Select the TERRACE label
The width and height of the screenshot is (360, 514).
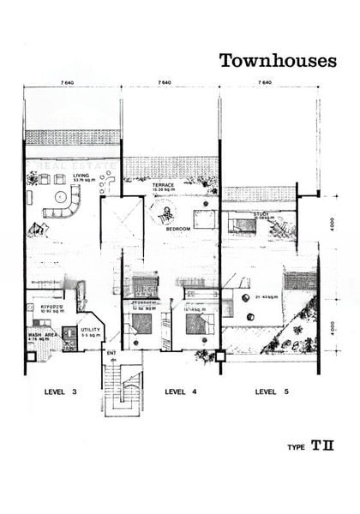point(163,184)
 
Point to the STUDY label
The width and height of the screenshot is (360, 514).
point(261,214)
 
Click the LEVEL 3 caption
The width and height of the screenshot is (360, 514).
point(61,391)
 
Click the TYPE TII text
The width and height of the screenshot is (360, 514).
point(311,446)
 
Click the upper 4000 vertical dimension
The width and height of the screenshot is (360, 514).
point(330,227)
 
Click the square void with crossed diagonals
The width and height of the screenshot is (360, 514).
point(121,221)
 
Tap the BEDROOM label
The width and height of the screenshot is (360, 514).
point(177,229)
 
